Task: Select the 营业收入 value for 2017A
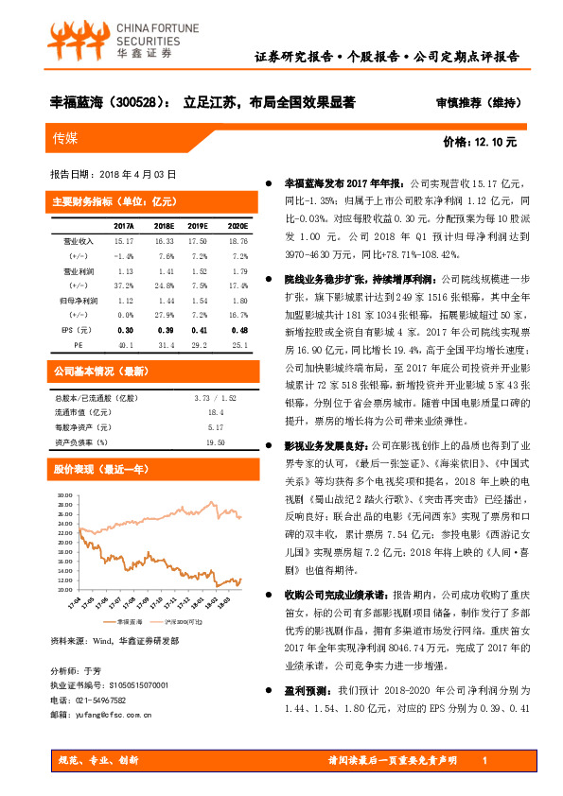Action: click(x=123, y=242)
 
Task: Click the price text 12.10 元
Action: click(x=495, y=142)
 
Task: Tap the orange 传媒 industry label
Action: click(x=66, y=138)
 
